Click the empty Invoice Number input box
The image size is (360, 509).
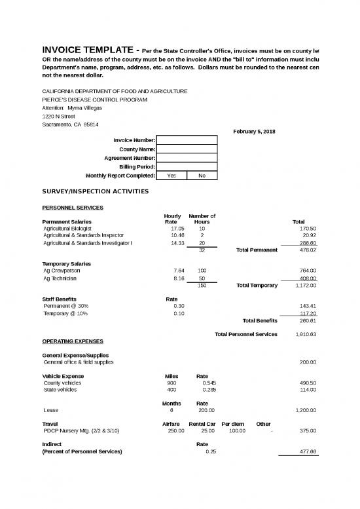tap(187, 140)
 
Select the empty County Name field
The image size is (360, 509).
tap(187, 149)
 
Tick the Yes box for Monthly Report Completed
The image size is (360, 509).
tap(171, 176)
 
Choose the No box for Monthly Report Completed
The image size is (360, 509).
tap(202, 176)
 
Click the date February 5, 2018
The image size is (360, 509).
tap(254, 132)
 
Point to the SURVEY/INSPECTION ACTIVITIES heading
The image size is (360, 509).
tap(96, 191)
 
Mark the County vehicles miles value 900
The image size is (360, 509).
tap(171, 383)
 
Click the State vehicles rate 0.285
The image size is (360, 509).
tap(210, 390)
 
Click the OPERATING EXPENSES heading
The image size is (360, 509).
tap(73, 341)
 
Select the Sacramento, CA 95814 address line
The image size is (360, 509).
tap(71, 124)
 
